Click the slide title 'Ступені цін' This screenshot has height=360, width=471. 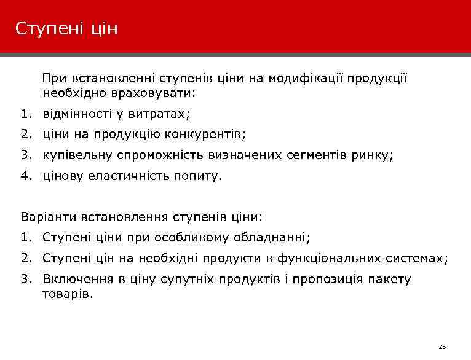pyautogui.click(x=66, y=29)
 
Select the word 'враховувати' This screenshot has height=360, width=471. pyautogui.click(x=158, y=94)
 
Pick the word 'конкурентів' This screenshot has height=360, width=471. pyautogui.click(x=207, y=135)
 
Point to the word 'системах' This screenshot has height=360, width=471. pyautogui.click(x=414, y=258)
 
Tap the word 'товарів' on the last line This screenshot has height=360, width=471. pyautogui.click(x=66, y=294)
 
